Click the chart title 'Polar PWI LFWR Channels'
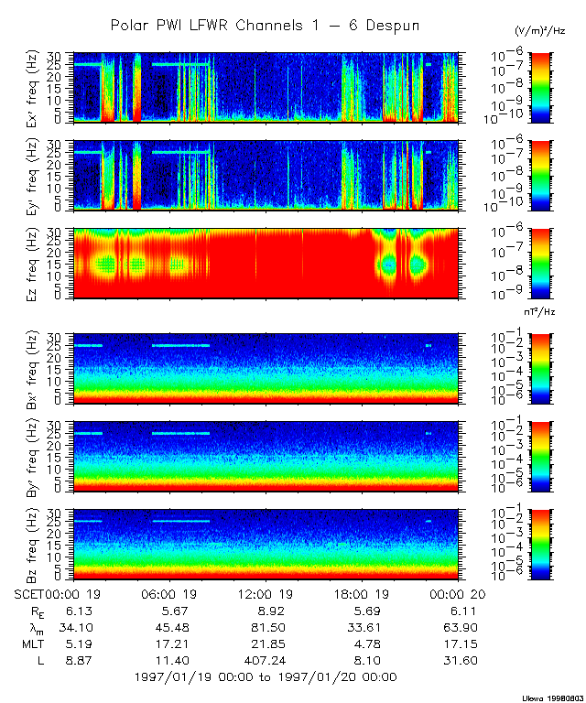[x=265, y=26]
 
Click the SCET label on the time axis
[x=30, y=593]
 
